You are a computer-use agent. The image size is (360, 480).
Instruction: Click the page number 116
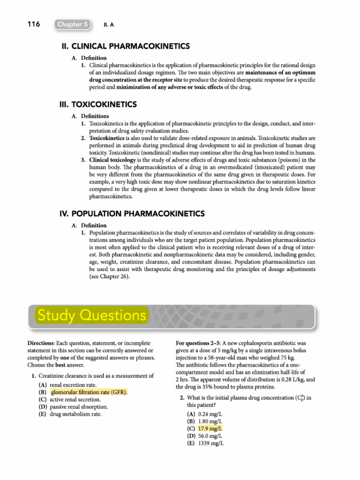(x=33, y=24)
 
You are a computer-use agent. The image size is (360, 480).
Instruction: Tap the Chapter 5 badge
(x=72, y=24)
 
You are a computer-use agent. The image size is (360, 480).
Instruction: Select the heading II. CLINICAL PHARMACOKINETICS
(x=126, y=46)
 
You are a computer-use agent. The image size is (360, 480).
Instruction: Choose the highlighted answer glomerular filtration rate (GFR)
(x=89, y=392)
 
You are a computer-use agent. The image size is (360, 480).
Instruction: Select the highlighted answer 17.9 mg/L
(x=210, y=428)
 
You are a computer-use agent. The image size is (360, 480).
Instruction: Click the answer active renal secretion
(x=76, y=399)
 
